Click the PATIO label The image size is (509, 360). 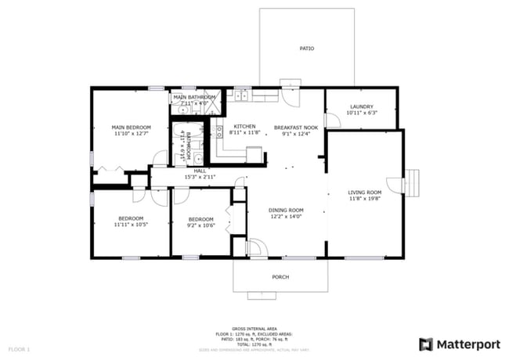click(307, 49)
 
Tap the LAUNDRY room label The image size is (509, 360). click(361, 106)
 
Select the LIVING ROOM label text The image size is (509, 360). click(364, 193)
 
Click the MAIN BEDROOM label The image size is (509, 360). click(131, 127)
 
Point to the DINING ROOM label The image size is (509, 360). click(286, 210)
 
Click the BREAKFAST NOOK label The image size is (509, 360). click(295, 127)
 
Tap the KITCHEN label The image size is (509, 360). click(244, 127)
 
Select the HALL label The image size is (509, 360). click(200, 171)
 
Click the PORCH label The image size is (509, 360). click(280, 276)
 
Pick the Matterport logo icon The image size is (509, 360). click(426, 344)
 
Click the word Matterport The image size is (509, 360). click(467, 344)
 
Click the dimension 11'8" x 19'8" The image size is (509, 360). click(364, 199)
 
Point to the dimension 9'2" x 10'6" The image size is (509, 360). click(200, 225)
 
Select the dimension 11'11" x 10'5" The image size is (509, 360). click(131, 225)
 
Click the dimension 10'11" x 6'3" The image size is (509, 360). click(361, 113)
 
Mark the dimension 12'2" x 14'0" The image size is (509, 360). click(286, 216)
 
